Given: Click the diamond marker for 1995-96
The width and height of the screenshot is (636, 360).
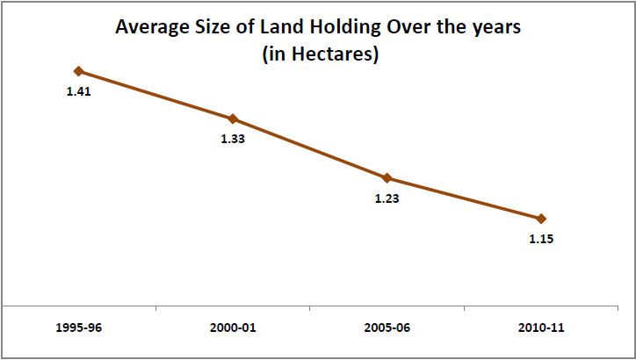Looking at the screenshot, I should (79, 71).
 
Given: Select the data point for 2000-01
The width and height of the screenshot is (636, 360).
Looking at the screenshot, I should (233, 119).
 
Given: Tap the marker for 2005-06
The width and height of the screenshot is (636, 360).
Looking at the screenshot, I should (387, 177).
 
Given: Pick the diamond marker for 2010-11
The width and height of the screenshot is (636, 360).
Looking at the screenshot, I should (541, 219).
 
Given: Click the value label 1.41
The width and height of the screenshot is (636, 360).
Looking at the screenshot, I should (79, 90).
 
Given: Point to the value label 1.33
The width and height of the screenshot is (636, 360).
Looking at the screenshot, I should (233, 138).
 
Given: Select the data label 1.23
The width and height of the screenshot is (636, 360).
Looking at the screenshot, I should (387, 198).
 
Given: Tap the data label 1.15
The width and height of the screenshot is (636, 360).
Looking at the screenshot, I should (541, 238).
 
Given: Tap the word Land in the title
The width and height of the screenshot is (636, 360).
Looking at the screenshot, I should (275, 28).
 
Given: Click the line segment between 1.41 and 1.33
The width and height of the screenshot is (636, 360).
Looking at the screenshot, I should (155, 95).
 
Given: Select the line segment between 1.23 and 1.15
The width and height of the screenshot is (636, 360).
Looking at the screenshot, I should (464, 198).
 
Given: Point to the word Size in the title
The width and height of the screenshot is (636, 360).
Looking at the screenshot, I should (215, 28).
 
